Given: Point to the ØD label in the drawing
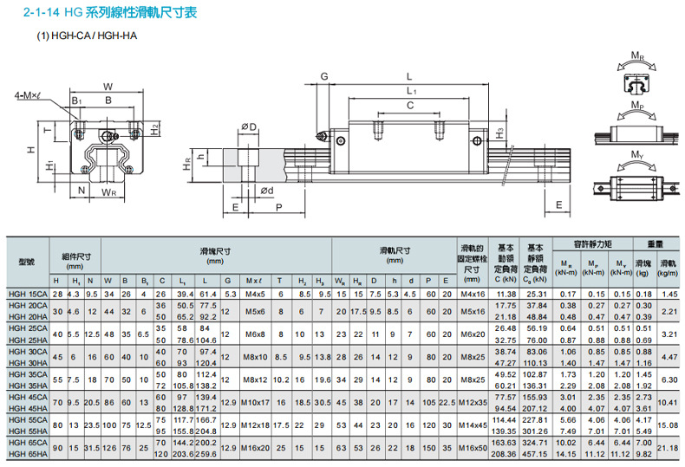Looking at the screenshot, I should tap(249, 127).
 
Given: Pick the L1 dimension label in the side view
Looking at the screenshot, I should tap(411, 91).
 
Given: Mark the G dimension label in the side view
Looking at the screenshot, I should tap(323, 77).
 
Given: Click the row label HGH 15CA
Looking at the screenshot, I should tap(26, 295).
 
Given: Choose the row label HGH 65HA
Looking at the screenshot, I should tap(26, 454).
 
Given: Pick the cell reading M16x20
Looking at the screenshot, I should tap(254, 448).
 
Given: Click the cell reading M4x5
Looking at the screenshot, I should tap(254, 295).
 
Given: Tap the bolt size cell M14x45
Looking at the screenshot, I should tap(472, 424).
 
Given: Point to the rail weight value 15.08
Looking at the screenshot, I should tap(669, 424).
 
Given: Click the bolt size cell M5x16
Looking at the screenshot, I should tap(472, 311).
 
